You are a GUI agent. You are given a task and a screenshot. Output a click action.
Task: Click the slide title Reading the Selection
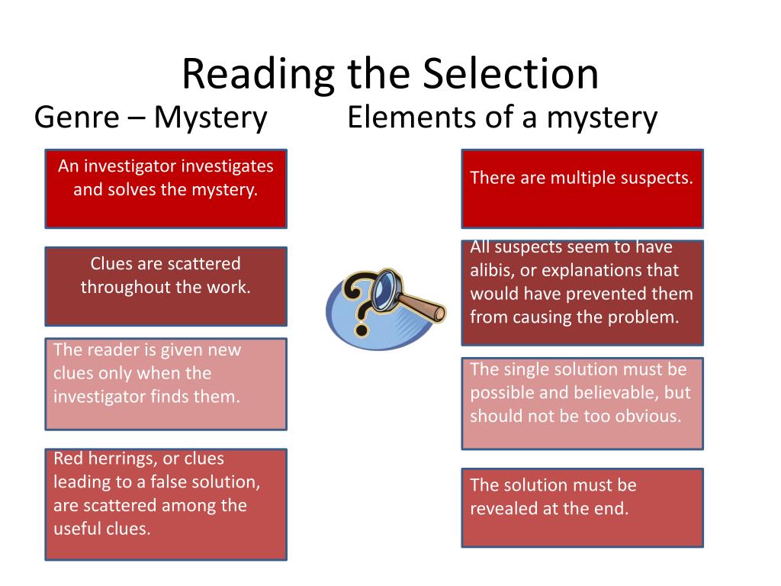point(390,74)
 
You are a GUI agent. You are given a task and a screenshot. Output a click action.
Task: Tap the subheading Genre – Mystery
point(151,118)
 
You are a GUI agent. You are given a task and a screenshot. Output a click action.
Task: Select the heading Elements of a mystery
point(502,118)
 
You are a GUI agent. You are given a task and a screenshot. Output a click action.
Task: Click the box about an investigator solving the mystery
point(166,188)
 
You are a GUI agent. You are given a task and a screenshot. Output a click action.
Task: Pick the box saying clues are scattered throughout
point(166,286)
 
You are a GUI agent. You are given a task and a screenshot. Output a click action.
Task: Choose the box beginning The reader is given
point(166,384)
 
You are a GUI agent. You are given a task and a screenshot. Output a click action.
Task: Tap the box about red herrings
point(166,504)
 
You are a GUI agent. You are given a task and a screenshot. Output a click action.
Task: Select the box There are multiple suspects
point(582,188)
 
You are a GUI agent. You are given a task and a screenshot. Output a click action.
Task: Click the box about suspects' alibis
point(582,293)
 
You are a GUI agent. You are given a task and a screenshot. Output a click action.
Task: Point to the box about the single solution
point(582,403)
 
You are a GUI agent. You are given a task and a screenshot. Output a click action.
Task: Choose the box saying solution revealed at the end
point(582,507)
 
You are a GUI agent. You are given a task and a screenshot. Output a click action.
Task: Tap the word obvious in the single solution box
point(648,417)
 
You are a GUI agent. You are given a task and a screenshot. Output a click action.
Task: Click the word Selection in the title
point(509,74)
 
